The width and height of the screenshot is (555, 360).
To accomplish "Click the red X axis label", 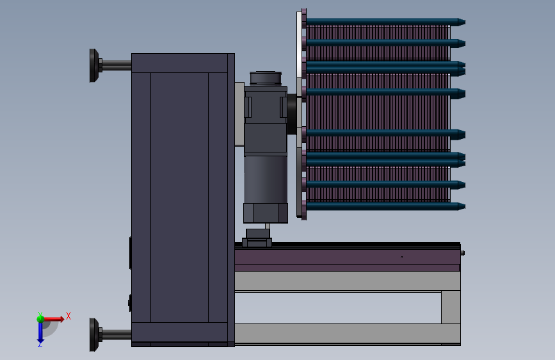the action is (68, 316).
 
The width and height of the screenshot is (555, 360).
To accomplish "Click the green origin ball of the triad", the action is (40, 318).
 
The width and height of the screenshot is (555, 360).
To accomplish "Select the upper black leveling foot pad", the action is (94, 65).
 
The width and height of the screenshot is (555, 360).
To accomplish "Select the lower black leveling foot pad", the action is (94, 334).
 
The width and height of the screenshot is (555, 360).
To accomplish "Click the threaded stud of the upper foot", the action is (117, 65).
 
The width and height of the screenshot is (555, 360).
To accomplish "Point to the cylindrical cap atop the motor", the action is (266, 78).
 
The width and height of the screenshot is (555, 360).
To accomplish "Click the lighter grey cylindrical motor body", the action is (266, 179).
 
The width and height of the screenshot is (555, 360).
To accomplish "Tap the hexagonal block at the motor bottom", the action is (266, 213).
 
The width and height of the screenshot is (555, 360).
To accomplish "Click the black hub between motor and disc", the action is (292, 114).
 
